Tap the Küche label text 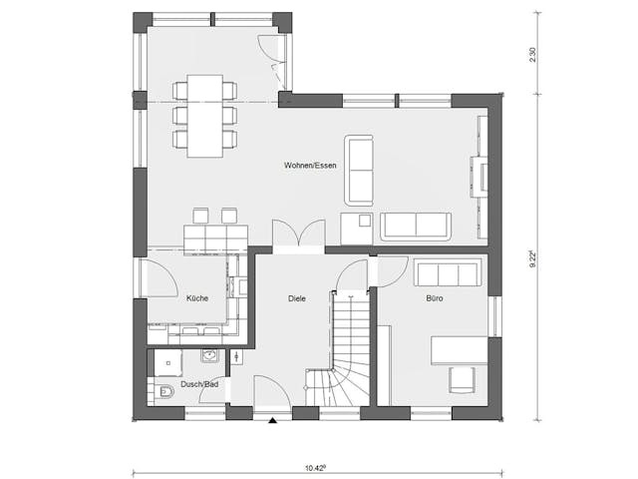tap(196, 297)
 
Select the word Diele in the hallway tap(297, 297)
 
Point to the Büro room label tap(435, 297)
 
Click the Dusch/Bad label tap(200, 384)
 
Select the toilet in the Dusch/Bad tap(163, 391)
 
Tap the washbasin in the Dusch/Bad tap(209, 355)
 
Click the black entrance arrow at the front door tap(271, 420)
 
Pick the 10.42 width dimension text tap(316, 466)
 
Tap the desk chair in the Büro tap(461, 380)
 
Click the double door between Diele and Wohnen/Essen tap(297, 234)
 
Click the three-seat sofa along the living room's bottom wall tap(416, 227)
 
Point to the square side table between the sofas tap(355, 228)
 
